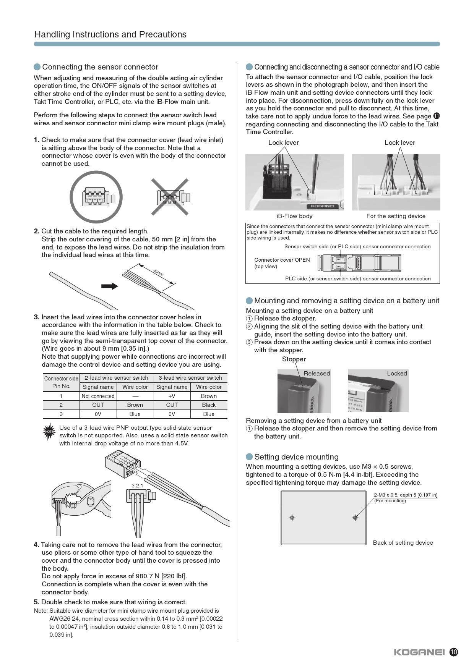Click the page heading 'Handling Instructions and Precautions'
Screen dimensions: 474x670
pyautogui.click(x=110, y=34)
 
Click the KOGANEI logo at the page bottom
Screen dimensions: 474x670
pyautogui.click(x=419, y=652)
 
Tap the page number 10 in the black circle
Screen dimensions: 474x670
pyautogui.click(x=454, y=652)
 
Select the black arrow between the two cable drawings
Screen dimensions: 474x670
pyautogui.click(x=110, y=286)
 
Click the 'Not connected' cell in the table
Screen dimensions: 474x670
pyautogui.click(x=98, y=396)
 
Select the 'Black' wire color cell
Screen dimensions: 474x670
pyautogui.click(x=209, y=405)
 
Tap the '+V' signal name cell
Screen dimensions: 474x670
pyautogui.click(x=172, y=396)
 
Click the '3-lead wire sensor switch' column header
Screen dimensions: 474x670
pyautogui.click(x=190, y=378)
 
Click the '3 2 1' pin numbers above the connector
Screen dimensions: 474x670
pyautogui.click(x=137, y=486)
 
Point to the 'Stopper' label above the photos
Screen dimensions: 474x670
pyautogui.click(x=294, y=359)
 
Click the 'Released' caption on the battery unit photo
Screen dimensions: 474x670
pyautogui.click(x=317, y=374)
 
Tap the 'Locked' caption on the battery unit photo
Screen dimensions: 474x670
pyautogui.click(x=397, y=374)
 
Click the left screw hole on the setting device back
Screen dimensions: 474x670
pyautogui.click(x=292, y=518)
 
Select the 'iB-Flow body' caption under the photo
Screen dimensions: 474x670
pyautogui.click(x=294, y=216)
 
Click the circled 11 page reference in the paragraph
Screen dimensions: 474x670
pyautogui.click(x=437, y=116)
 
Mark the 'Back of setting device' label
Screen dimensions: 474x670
pyautogui.click(x=403, y=543)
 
